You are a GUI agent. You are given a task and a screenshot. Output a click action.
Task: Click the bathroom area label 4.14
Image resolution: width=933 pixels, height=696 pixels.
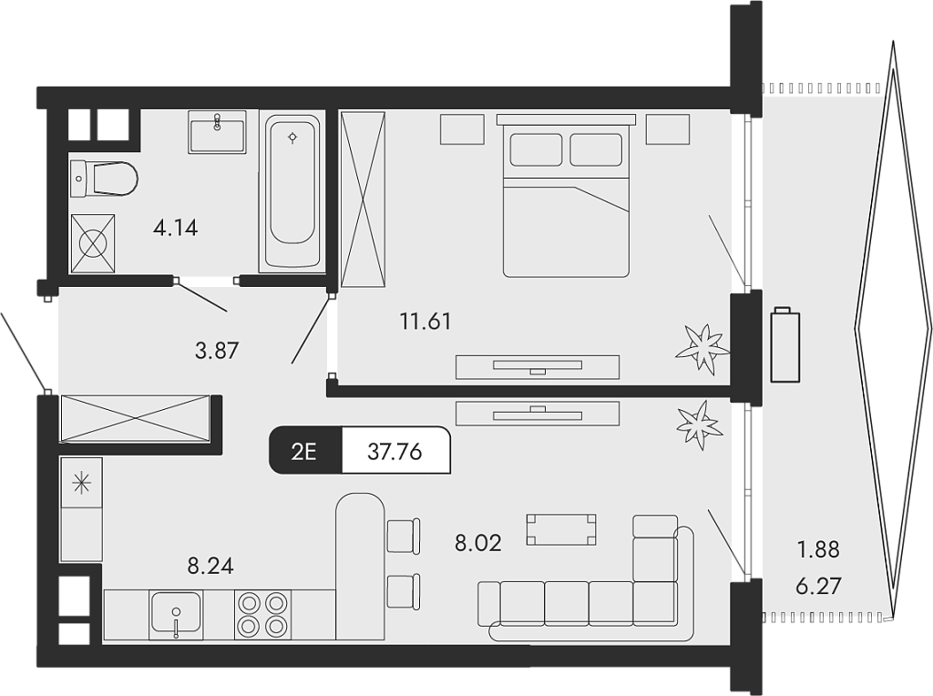coord(175,228)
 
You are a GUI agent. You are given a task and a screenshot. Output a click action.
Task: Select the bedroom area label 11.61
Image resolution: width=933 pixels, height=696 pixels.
coord(425,321)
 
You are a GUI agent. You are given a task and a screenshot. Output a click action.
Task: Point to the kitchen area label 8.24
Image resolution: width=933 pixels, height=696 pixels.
coord(210,566)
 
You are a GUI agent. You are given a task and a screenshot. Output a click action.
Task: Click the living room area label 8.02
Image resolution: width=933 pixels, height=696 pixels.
coord(478,544)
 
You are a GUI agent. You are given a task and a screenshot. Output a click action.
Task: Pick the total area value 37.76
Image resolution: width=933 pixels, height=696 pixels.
coord(395,451)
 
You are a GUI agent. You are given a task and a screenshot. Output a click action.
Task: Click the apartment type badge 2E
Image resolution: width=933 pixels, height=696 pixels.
coord(304,451)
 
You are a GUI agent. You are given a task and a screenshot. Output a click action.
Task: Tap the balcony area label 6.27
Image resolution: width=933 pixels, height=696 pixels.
coord(817,585)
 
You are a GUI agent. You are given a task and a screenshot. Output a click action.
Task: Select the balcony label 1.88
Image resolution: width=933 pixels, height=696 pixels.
coord(817,550)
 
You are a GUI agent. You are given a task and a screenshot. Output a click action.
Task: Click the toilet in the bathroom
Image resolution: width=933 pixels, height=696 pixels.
coord(104,178)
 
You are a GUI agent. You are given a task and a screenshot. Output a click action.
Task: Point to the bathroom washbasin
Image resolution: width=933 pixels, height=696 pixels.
coord(217,133)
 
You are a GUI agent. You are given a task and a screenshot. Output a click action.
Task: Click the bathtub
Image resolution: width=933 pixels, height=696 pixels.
coord(292,191)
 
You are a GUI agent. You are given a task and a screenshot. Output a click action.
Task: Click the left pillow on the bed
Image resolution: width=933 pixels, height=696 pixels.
coord(536,149)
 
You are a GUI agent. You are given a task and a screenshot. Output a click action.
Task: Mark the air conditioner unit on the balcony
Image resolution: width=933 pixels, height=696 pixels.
coord(784,346)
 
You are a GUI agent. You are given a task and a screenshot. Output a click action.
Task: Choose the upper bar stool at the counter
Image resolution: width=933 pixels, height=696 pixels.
coord(403,535)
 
